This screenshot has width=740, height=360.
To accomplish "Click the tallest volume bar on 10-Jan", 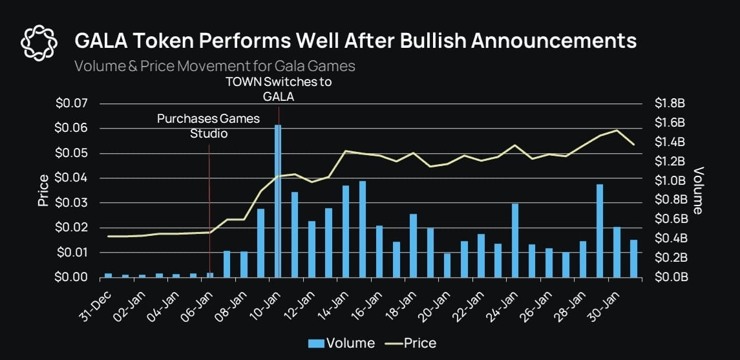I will pyautogui.click(x=278, y=200).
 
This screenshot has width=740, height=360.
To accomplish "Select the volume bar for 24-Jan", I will pyautogui.click(x=515, y=240).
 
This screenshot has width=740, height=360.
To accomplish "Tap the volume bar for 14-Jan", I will pyautogui.click(x=346, y=231).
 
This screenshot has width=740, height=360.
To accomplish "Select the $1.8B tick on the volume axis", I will pyautogui.click(x=669, y=103).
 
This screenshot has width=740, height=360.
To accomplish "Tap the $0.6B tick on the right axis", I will pyautogui.click(x=669, y=219).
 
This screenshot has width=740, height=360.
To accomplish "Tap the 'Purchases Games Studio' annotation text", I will pyautogui.click(x=209, y=126).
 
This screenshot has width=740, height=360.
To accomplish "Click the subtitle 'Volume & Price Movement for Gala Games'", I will pyautogui.click(x=214, y=66).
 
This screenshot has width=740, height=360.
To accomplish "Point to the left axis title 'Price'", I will pyautogui.click(x=43, y=190).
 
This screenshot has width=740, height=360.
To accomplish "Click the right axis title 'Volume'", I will pyautogui.click(x=698, y=190).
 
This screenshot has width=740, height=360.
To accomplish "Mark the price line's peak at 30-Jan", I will pyautogui.click(x=617, y=131).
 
